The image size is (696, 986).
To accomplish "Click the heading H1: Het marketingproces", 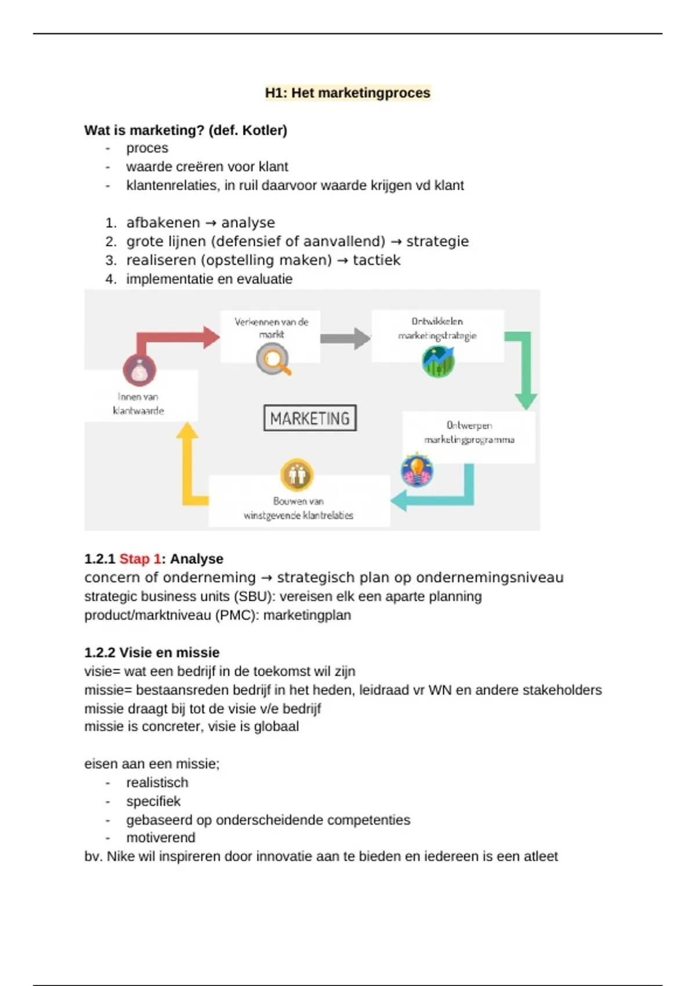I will tap(347, 93).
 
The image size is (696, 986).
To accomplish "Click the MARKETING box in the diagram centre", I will tap(310, 418).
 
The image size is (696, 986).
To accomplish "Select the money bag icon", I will tap(139, 371).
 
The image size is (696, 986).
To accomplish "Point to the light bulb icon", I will tap(417, 470).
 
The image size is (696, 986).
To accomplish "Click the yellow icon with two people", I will tap(297, 475).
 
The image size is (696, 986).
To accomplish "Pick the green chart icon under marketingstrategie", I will tap(438, 362).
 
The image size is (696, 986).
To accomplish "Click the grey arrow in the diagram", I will tap(345, 338).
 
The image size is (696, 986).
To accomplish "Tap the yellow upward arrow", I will tap(188, 464).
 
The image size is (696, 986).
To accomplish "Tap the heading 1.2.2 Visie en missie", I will tap(152, 652).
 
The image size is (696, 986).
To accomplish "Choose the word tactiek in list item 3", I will tap(376, 260).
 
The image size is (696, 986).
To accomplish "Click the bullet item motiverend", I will tap(161, 838).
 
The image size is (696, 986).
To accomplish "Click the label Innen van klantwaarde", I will tap(138, 404).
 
